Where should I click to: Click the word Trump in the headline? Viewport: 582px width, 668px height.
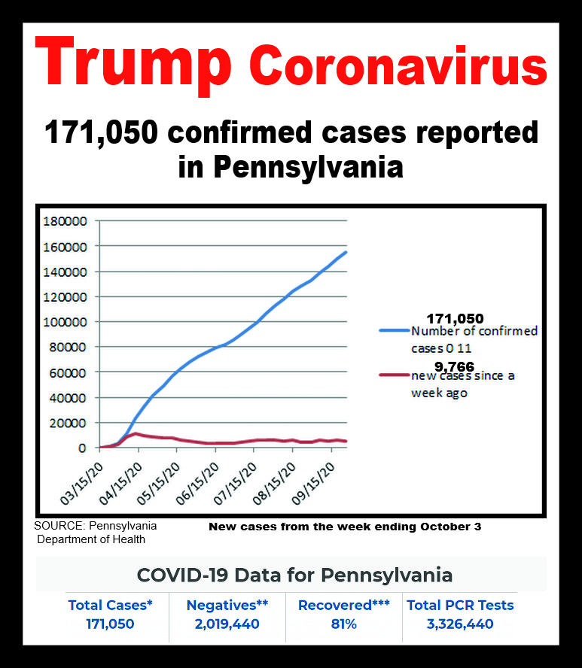[131, 63]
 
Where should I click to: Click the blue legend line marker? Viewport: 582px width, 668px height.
[393, 330]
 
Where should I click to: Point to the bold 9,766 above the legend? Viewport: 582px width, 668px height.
[454, 366]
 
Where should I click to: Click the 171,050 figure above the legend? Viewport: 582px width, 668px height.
[455, 319]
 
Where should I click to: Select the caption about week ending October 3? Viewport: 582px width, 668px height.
[344, 527]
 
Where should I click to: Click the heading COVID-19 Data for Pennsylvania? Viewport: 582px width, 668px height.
[294, 575]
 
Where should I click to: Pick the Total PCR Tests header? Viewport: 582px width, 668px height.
[460, 605]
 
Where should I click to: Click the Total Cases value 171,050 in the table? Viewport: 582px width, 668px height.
[111, 624]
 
